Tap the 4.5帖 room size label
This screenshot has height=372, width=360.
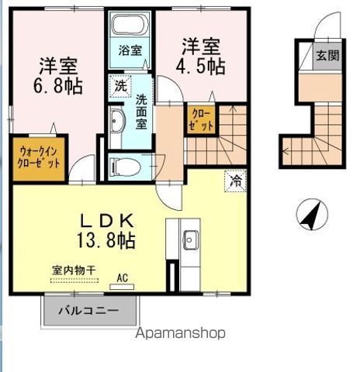coord(204,66)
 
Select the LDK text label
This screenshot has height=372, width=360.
coord(107,219)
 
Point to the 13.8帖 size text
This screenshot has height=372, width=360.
coord(107,241)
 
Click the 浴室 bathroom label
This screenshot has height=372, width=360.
coord(130,51)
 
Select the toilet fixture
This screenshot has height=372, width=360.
coord(124,166)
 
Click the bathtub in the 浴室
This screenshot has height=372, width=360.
coord(130,24)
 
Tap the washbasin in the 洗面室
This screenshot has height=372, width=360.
coord(118,121)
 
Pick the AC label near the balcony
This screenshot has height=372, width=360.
coord(123,276)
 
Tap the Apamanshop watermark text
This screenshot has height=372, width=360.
coord(180,334)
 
